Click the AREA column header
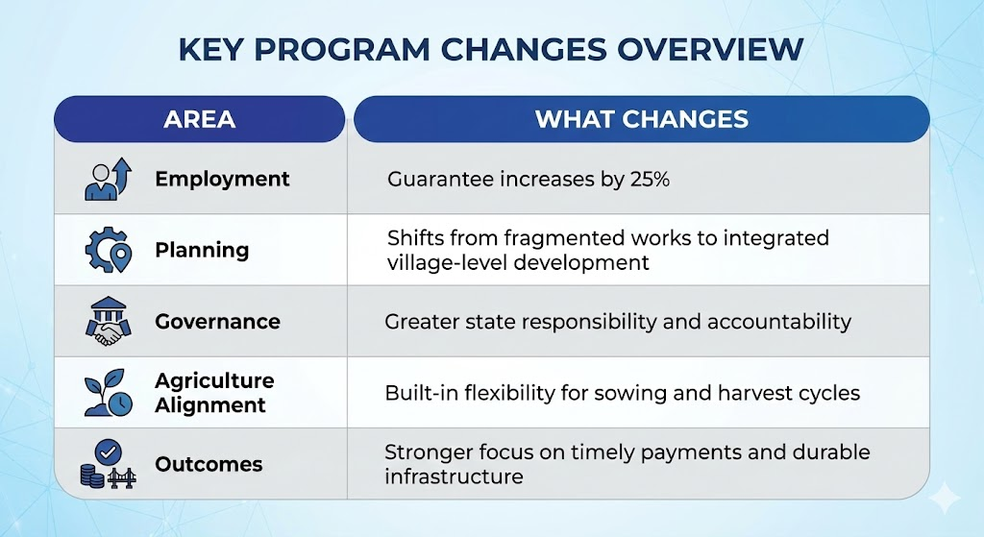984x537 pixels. pos(200,119)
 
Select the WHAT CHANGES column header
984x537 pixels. pos(641,119)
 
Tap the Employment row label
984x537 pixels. pos(222,180)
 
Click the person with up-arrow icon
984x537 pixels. pos(108,179)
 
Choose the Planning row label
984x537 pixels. pos(202,251)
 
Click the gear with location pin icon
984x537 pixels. pos(108,250)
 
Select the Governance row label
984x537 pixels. pos(218,321)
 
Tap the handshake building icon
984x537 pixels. pos(108,321)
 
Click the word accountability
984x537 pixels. pos(778,322)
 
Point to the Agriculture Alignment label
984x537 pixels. pos(214,393)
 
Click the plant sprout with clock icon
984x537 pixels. pos(108,393)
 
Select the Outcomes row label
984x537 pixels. pos(209,464)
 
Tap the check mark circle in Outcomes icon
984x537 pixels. pos(109,452)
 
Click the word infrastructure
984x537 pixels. pos(454,476)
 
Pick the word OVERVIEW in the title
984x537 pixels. pos(710,50)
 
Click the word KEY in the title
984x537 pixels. pos(210,50)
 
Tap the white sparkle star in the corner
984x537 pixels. pos(944,500)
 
